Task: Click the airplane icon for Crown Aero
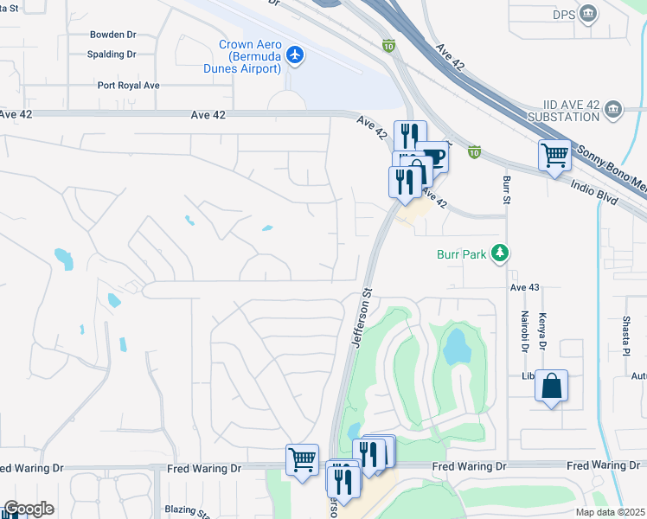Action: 296,55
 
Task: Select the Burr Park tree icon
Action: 498,253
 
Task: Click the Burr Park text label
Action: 459,254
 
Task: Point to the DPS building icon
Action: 589,14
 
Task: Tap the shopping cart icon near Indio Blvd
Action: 554,156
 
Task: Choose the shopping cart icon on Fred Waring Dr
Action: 302,459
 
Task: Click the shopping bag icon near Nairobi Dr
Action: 551,386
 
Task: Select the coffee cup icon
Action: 432,157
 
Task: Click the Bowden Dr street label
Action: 113,35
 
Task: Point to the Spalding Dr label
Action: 113,54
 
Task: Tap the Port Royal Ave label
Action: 128,86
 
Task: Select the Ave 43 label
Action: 525,287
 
